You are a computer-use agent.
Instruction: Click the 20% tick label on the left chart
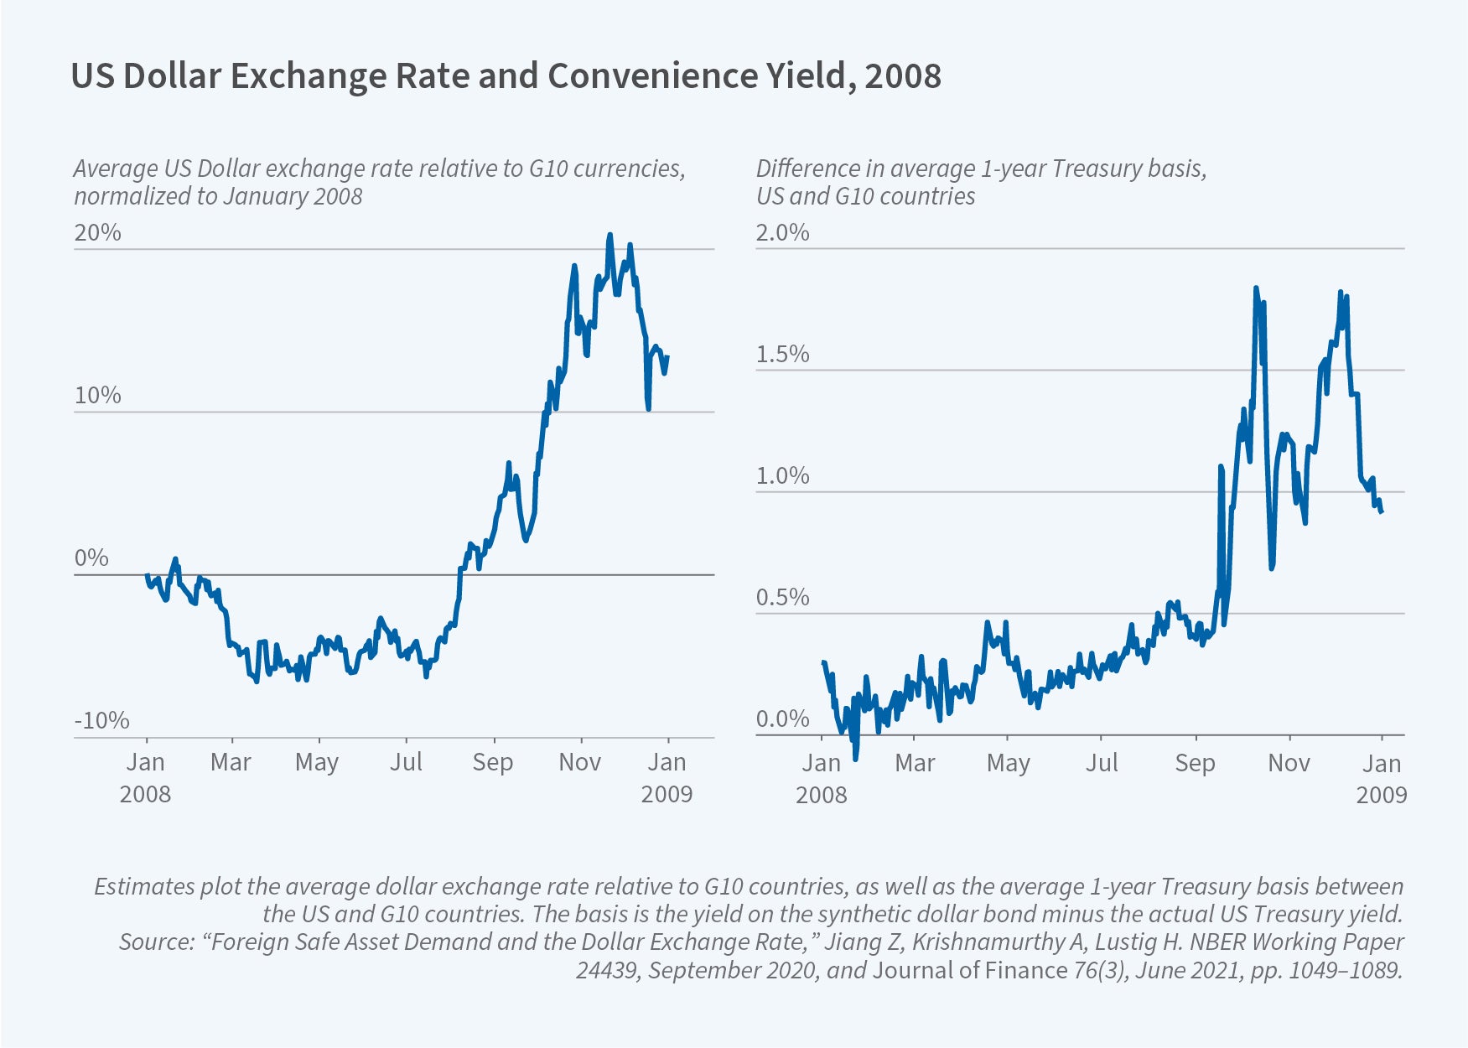(97, 232)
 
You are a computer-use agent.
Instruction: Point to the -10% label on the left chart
(101, 720)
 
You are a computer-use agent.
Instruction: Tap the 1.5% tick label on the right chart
(782, 355)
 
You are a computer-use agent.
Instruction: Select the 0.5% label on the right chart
(782, 598)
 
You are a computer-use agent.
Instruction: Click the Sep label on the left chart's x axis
(492, 762)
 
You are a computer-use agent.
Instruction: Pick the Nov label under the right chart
(1288, 763)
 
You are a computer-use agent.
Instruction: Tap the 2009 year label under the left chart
(667, 794)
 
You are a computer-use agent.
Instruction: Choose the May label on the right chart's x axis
(1008, 763)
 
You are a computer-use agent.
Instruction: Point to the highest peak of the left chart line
(610, 236)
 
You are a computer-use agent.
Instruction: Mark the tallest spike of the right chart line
(1256, 288)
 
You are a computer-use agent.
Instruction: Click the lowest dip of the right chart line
(855, 759)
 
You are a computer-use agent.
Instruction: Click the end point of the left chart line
(668, 357)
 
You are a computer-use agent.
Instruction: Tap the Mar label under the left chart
(231, 762)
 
